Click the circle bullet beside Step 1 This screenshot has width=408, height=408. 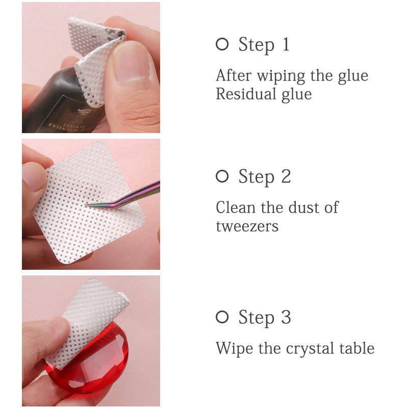pos(222,44)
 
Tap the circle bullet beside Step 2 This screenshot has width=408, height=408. pos(222,176)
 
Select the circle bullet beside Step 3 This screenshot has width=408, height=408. pos(222,317)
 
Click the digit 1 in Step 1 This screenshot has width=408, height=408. pos(286,44)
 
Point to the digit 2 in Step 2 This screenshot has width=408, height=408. pos(286,176)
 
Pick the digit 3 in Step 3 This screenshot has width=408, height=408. pos(286,317)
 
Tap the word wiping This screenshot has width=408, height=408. pos(281,76)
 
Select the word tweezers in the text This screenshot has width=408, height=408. pos(247,226)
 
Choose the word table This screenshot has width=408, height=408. pos(357,348)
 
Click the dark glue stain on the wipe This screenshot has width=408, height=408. pos(113,33)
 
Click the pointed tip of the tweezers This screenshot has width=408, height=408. pos(86,205)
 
